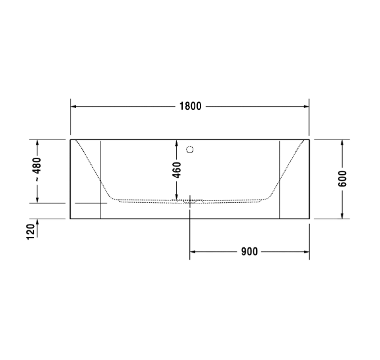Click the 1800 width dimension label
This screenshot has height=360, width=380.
pyautogui.click(x=190, y=106)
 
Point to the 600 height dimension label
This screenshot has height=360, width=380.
pyautogui.click(x=342, y=178)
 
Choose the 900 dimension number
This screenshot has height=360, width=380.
pyautogui.click(x=250, y=251)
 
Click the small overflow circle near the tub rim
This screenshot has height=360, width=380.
pyautogui.click(x=190, y=149)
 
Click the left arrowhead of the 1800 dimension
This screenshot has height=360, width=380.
pyautogui.click(x=74, y=106)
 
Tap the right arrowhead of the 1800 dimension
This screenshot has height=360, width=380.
pyautogui.click(x=306, y=106)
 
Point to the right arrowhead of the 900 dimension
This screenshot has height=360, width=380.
pyautogui.click(x=306, y=251)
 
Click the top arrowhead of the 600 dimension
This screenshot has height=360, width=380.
pyautogui.click(x=342, y=143)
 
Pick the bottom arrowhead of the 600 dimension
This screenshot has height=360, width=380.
pyautogui.click(x=342, y=215)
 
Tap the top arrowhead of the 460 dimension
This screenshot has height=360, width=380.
pyautogui.click(x=176, y=143)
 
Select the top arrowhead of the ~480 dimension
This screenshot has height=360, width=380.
pyautogui.click(x=38, y=143)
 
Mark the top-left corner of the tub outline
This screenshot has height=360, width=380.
pyautogui.click(x=70, y=139)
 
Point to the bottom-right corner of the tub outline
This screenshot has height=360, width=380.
pyautogui.click(x=309, y=219)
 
